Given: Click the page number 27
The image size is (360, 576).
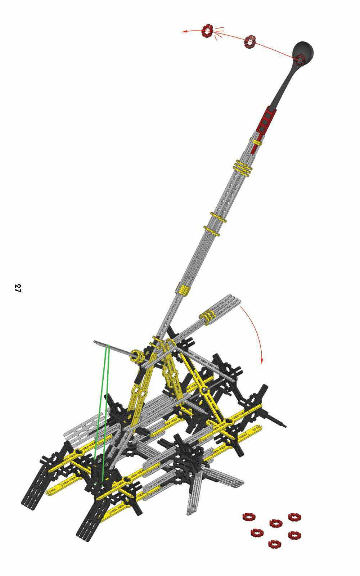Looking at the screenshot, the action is coord(18,288).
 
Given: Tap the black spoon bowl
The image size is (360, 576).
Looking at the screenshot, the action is coord(303,51).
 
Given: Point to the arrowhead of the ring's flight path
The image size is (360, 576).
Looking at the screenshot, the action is coord(184,32).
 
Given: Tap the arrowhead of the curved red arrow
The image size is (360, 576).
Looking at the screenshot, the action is coord(261,361).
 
